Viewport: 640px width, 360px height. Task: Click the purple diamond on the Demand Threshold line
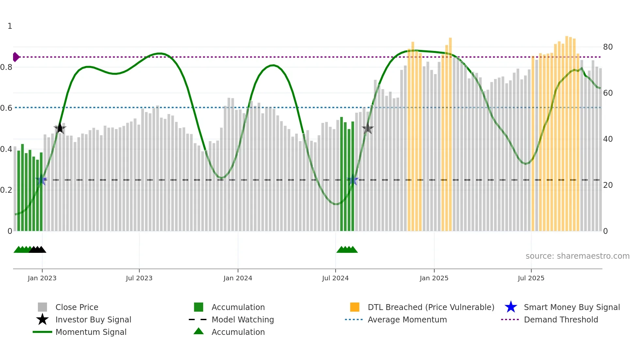click(16, 57)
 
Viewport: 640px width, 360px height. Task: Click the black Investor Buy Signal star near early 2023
click(60, 128)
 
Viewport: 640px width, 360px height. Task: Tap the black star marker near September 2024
click(368, 129)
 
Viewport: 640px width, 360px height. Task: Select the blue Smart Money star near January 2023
click(41, 180)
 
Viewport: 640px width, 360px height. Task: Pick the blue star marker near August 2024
click(353, 180)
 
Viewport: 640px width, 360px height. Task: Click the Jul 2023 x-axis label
click(139, 278)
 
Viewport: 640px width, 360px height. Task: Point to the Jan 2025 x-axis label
click(434, 278)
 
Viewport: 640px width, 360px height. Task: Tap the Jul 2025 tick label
click(531, 278)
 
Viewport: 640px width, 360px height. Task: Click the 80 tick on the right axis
click(608, 47)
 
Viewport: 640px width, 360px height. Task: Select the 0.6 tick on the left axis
click(6, 108)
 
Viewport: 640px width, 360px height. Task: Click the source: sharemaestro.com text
click(577, 256)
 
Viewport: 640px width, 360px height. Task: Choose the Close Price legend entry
click(77, 307)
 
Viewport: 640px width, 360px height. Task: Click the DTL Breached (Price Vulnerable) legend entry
click(431, 307)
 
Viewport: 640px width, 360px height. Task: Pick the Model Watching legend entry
click(243, 320)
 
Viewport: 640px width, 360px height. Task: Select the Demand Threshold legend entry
click(561, 320)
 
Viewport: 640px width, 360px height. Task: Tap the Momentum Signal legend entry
click(91, 332)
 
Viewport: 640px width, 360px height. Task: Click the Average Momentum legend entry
click(407, 320)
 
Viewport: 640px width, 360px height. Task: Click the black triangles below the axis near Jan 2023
click(38, 250)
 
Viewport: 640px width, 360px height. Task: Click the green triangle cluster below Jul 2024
click(347, 250)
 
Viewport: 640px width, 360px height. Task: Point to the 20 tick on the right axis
click(608, 185)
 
